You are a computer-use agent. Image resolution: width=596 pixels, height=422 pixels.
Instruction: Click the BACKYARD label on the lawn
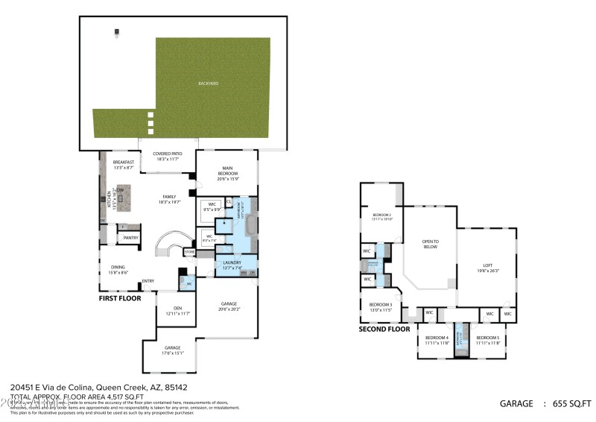[x=208, y=84]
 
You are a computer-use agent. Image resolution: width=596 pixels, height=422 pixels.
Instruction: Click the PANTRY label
[x=131, y=238]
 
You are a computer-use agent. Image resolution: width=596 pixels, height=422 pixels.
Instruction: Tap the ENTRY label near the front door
[x=148, y=280]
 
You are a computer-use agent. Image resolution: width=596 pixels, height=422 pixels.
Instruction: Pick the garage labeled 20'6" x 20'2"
[x=229, y=306]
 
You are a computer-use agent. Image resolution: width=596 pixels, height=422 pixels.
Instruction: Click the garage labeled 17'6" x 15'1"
[x=172, y=350]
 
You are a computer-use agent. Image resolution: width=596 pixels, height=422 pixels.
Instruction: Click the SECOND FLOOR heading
[x=384, y=329]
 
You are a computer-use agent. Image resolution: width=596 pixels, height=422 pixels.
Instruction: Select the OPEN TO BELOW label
[x=430, y=244]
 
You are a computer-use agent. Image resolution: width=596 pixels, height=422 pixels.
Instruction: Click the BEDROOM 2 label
[x=381, y=217]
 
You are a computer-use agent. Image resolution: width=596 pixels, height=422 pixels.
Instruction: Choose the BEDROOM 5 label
[x=487, y=340]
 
